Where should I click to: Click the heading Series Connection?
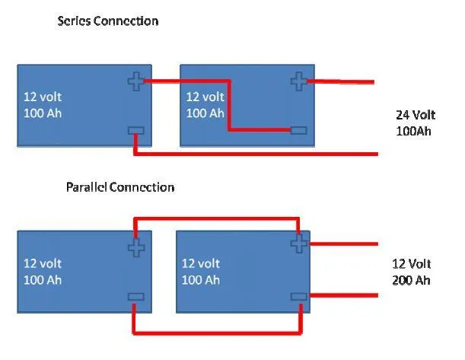[x=108, y=21]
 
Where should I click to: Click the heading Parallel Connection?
[x=120, y=187]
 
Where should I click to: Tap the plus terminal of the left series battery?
[x=135, y=81]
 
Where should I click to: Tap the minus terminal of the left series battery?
[x=135, y=131]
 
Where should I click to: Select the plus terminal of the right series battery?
[x=298, y=81]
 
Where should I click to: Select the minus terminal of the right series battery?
[x=298, y=131]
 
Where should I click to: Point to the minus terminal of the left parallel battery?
[x=135, y=297]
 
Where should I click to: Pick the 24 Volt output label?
[x=416, y=116]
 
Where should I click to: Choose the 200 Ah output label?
[x=412, y=280]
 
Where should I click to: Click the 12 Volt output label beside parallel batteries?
[x=412, y=264]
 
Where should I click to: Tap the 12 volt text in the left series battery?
[x=43, y=97]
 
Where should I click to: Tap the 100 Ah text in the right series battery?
[x=205, y=113]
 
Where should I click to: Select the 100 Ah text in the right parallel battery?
[x=201, y=280]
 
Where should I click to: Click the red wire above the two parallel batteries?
[x=216, y=218]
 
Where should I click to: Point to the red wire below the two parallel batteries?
[x=218, y=332]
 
